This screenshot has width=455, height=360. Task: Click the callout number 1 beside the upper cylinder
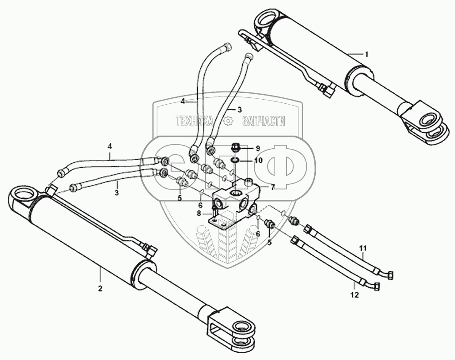click(x=367, y=54)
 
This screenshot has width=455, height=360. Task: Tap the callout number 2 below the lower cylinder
click(x=100, y=289)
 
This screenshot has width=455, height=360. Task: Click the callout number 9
click(x=257, y=148)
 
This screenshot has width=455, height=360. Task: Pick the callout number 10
click(x=258, y=161)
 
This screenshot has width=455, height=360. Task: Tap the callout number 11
click(x=363, y=248)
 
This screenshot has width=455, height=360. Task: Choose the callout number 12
click(x=354, y=295)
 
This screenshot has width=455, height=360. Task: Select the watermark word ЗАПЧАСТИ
click(x=264, y=121)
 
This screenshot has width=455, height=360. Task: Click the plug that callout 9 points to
click(x=236, y=147)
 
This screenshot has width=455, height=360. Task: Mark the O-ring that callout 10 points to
click(x=233, y=159)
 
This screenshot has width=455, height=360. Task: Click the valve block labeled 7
click(x=234, y=200)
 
